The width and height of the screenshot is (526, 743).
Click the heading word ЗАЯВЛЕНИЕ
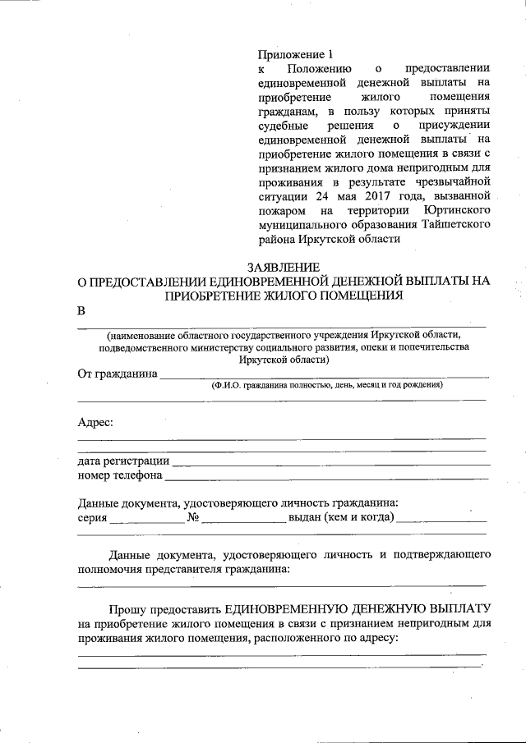[x=283, y=267]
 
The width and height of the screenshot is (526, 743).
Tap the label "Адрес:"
[x=95, y=422]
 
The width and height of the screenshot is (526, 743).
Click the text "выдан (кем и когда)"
[x=340, y=518]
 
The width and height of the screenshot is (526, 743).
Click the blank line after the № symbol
[x=243, y=521]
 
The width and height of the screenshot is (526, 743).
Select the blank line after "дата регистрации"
[x=329, y=465]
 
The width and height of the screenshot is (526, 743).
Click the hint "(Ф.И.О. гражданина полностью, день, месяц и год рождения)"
[x=326, y=385]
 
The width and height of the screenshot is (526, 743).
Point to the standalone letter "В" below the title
[x=81, y=311]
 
